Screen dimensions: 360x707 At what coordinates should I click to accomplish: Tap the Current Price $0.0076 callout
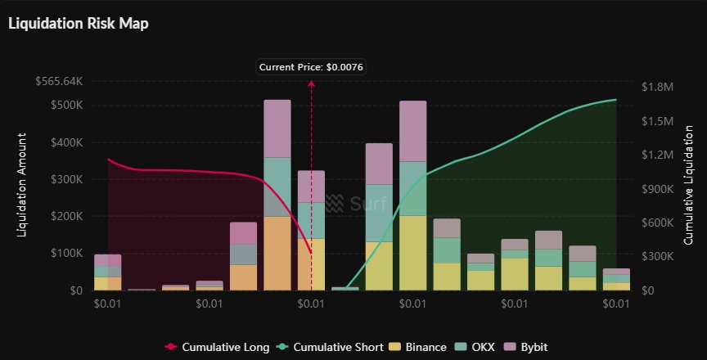click(x=310, y=67)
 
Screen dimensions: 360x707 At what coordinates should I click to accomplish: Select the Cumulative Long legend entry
click(x=218, y=347)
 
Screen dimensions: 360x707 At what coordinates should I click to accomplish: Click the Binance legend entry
click(x=420, y=347)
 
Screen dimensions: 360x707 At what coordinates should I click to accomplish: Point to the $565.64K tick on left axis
click(x=59, y=82)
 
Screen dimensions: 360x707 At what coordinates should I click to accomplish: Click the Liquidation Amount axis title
click(x=22, y=187)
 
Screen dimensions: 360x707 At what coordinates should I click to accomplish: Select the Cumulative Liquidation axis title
click(x=689, y=187)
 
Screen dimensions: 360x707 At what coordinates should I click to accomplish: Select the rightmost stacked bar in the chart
click(x=615, y=279)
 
